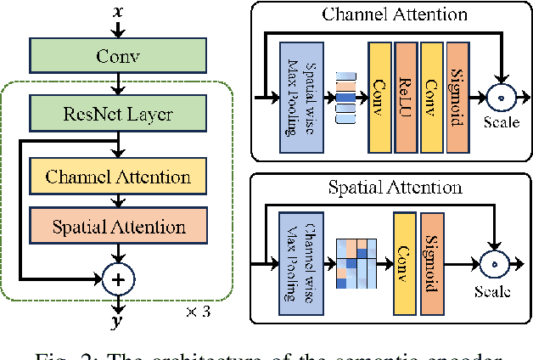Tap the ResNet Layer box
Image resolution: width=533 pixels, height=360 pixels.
coord(118,113)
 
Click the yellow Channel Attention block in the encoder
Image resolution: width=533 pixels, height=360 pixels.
coord(118,177)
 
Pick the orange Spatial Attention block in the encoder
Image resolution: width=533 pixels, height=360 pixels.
coord(118,226)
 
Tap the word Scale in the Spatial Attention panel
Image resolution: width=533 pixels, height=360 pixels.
coord(493,291)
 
